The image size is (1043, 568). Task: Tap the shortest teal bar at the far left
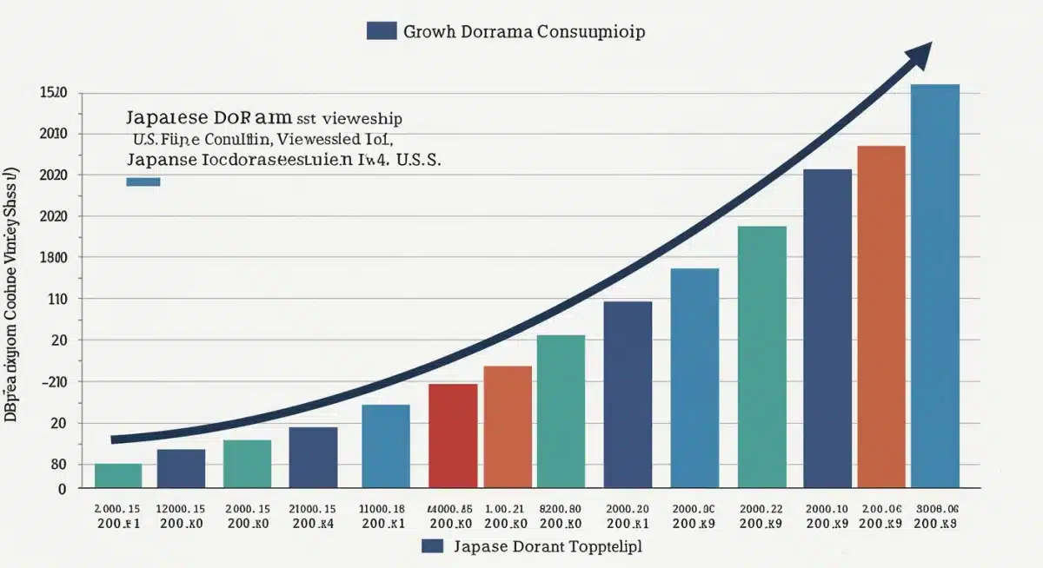(x=118, y=475)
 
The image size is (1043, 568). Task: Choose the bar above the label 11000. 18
(x=385, y=446)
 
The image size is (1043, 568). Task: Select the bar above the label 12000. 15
(x=181, y=468)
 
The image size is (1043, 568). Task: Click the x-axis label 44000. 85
(x=450, y=509)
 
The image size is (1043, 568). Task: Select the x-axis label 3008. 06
(x=936, y=509)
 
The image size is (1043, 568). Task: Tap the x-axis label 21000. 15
(x=312, y=509)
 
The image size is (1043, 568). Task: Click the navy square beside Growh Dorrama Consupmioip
(x=382, y=30)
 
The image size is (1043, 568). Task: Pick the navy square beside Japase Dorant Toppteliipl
(x=433, y=546)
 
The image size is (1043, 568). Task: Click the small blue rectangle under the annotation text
(x=143, y=182)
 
